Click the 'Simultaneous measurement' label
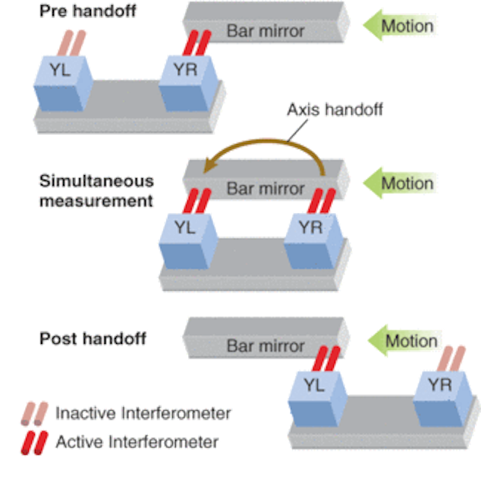click(96, 191)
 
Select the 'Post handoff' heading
click(93, 338)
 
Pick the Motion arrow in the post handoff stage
click(405, 341)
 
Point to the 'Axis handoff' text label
click(333, 110)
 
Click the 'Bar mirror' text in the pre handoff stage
click(265, 31)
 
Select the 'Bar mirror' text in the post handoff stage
click(265, 346)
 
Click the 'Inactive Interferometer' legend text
click(143, 413)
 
